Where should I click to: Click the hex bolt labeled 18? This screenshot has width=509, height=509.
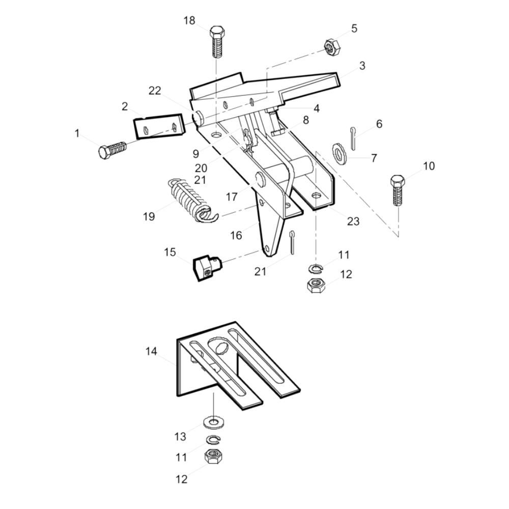pos(217,42)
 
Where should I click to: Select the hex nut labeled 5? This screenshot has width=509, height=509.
pos(332,47)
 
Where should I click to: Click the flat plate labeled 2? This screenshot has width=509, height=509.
pos(159,126)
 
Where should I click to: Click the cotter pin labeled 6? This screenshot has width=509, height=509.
pos(353,138)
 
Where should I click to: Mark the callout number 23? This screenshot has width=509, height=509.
pos(353,221)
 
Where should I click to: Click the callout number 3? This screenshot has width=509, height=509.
pos(362,66)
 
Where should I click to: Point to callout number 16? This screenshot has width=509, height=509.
pos(236,235)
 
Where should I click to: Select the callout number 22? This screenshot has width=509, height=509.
pos(155,91)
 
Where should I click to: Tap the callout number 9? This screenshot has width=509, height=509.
pos(195,153)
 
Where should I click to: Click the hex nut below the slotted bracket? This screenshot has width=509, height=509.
pos(213,457)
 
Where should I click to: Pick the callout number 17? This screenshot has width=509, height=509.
pos(232,196)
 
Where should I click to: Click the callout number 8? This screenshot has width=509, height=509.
pos(306,120)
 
